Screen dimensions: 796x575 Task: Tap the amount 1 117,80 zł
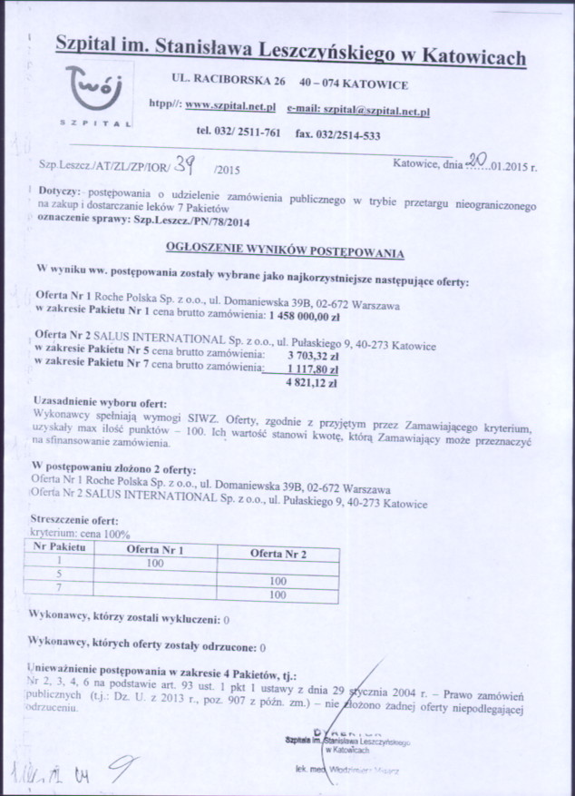point(313,369)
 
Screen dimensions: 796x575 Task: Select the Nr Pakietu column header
point(60,548)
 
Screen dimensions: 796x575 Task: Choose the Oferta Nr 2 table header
point(277,552)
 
